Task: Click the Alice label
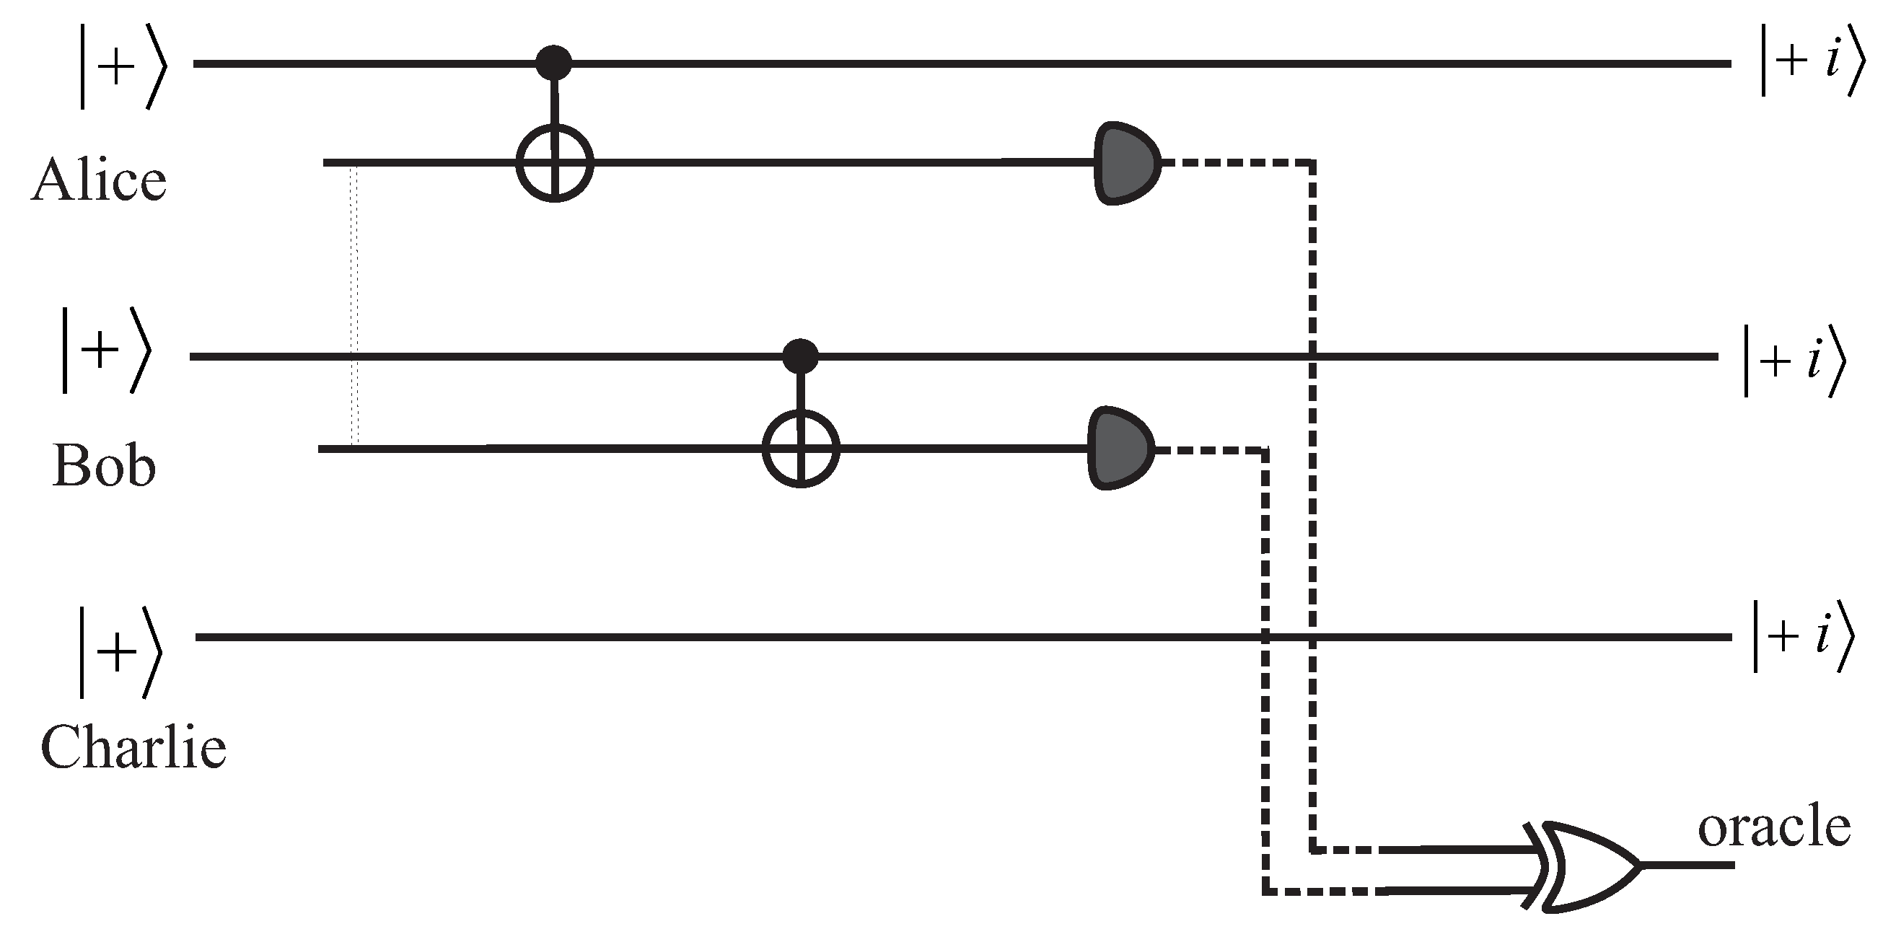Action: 100,180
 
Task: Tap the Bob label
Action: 104,466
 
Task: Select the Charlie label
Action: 133,747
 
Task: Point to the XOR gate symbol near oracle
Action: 1586,866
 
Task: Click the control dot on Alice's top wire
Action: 553,63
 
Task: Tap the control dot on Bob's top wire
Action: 799,357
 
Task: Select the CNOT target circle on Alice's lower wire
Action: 554,162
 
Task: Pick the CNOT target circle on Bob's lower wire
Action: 800,448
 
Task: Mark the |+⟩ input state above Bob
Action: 106,351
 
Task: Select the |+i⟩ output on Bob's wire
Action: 1794,361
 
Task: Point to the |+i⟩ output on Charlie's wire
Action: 1804,636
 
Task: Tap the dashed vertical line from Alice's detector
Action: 1312,511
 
